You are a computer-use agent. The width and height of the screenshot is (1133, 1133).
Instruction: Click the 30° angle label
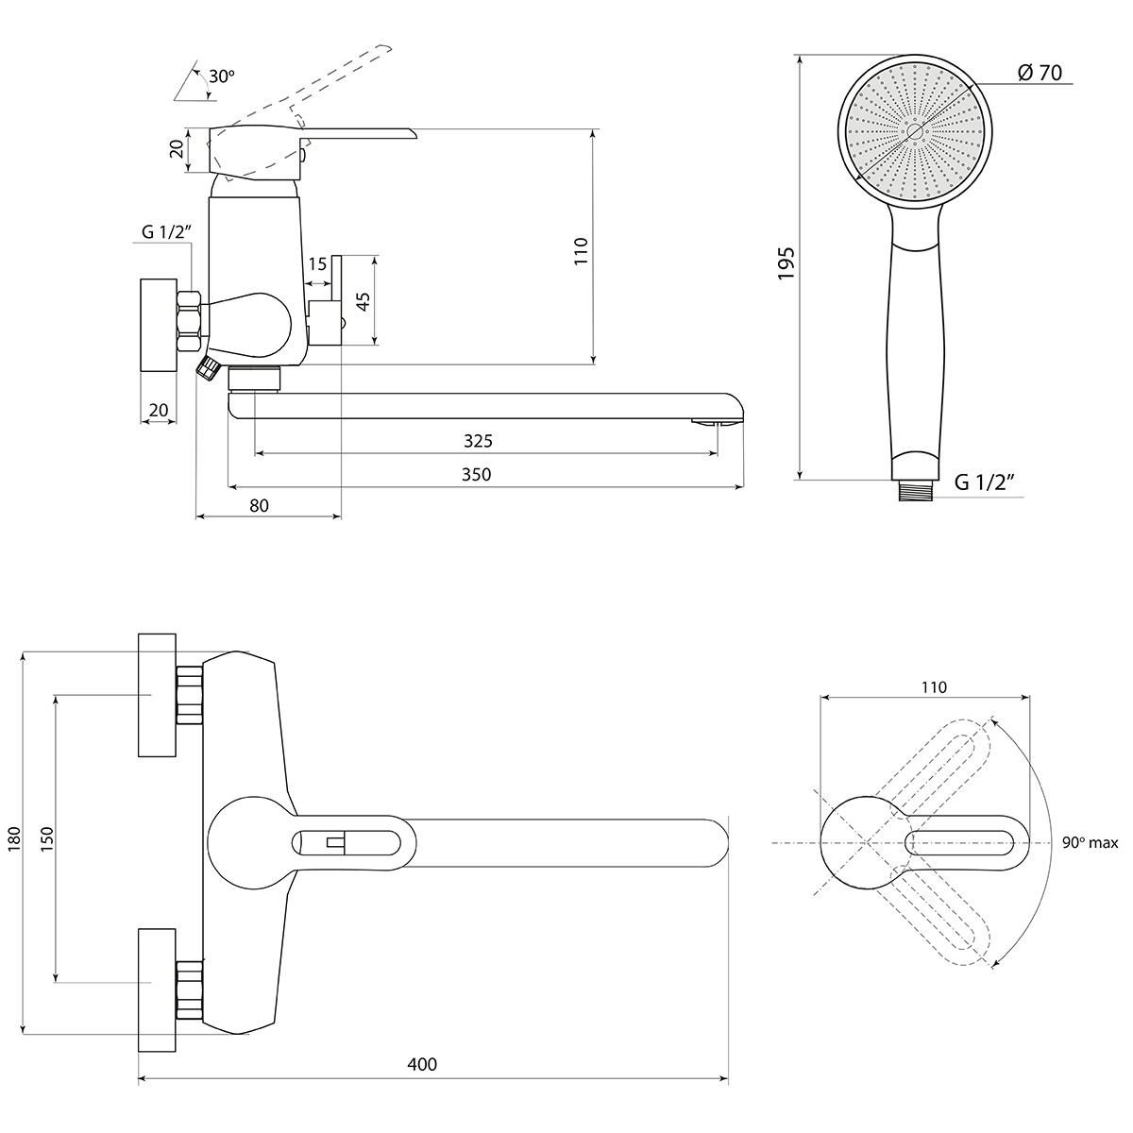(221, 76)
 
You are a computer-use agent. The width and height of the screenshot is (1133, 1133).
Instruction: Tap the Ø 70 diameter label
(1039, 73)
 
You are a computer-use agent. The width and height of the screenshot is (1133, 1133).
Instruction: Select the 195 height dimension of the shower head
(786, 262)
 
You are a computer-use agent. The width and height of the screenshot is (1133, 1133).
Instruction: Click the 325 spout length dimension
(478, 441)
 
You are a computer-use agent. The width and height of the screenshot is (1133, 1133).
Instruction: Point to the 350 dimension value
(476, 474)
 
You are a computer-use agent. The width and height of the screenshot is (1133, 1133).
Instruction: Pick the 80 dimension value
(259, 505)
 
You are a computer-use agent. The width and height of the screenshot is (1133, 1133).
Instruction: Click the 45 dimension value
(364, 301)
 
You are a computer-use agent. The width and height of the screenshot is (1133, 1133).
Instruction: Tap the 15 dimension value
(317, 264)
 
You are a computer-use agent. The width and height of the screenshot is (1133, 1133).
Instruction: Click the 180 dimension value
(14, 838)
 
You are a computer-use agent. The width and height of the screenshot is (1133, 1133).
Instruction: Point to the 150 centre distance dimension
(47, 838)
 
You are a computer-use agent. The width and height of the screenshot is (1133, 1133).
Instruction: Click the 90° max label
(1091, 842)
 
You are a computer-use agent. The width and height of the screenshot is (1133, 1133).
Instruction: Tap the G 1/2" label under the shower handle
(985, 482)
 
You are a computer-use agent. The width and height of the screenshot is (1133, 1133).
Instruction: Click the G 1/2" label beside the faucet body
(167, 231)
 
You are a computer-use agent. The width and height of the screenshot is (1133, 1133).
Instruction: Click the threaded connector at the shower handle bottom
(917, 490)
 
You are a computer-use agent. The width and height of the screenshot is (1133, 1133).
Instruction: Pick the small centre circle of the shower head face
(915, 131)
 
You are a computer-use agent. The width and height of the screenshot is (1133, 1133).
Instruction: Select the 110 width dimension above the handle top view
(934, 686)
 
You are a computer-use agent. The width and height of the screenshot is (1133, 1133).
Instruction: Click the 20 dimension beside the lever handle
(177, 149)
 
